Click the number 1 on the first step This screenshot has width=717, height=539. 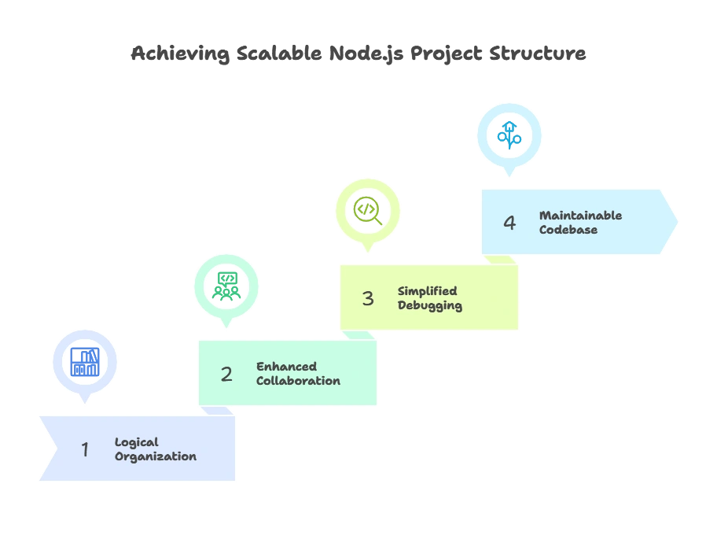click(85, 449)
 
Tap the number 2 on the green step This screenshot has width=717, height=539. click(226, 374)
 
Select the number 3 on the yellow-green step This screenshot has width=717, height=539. click(368, 298)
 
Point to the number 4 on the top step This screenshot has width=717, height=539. click(509, 223)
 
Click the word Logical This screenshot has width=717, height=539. click(137, 442)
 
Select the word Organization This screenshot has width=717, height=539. click(156, 456)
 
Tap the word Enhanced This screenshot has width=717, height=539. click(286, 367)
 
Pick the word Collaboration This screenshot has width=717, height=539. click(298, 381)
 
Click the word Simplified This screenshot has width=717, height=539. click(427, 291)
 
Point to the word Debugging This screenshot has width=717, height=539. click(429, 305)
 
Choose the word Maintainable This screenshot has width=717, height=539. click(580, 216)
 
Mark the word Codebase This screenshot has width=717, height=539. click(568, 230)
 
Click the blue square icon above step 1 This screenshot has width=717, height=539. click(85, 362)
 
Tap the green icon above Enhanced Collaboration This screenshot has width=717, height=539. click(226, 286)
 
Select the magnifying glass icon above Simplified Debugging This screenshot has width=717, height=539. click(368, 210)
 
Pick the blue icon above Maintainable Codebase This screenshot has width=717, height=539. click(509, 135)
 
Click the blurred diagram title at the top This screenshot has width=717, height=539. click(358, 55)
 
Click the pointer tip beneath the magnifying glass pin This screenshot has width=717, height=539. click(368, 253)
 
